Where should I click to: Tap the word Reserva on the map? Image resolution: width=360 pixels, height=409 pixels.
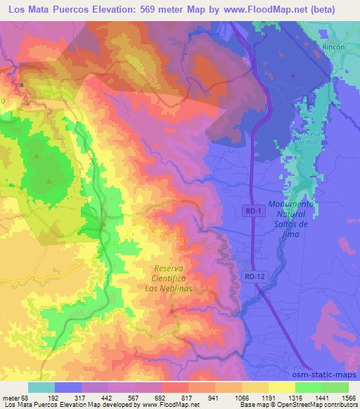tap(172, 268)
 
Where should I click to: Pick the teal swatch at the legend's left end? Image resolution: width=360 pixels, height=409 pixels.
tap(41, 387)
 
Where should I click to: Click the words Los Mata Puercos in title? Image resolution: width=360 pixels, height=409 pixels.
tap(49, 8)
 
